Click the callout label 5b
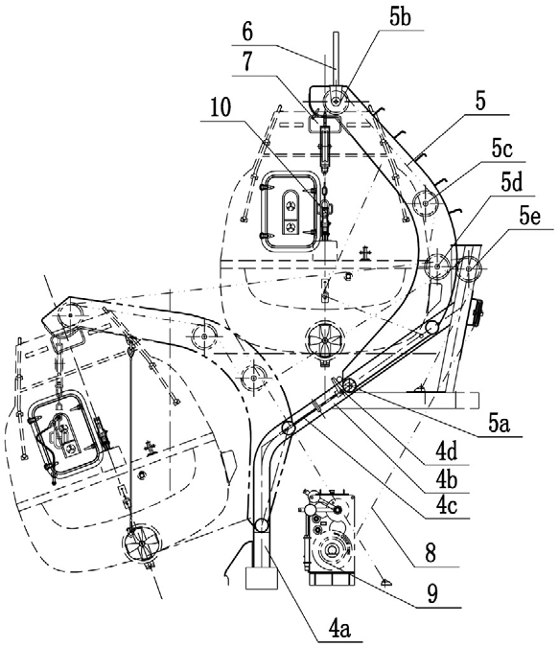point(399,17)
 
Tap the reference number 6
point(247,32)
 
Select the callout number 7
point(247,62)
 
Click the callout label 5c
point(501,149)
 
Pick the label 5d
point(512,182)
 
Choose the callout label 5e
point(529,217)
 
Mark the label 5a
point(500,424)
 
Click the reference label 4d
point(447,452)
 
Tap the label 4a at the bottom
point(340,630)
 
